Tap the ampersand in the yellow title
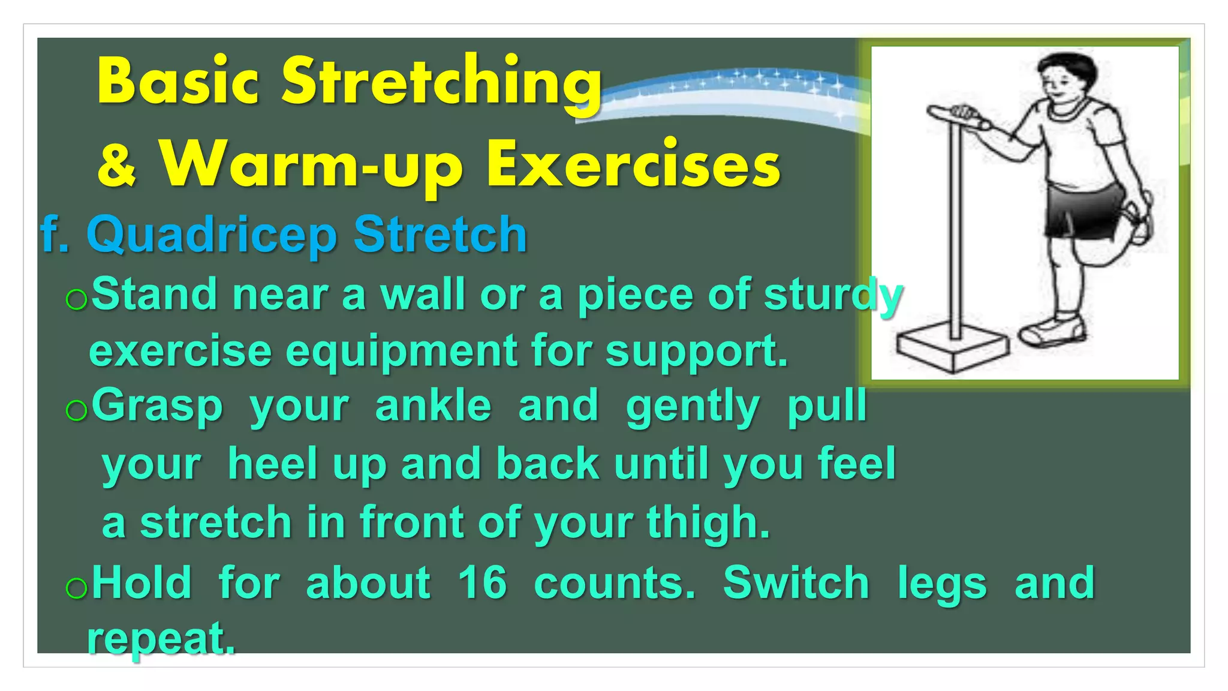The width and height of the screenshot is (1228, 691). coord(118,166)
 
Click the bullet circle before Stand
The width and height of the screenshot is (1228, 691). coord(77,299)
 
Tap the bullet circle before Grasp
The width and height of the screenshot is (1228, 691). coord(77,411)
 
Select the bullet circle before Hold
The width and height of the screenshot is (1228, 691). coord(77,588)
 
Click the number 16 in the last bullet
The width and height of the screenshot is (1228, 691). coord(482,583)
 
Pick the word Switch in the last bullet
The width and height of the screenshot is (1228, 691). coord(796,583)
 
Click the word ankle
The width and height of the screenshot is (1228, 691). coord(433,406)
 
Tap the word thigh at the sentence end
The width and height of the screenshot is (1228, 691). coord(708,522)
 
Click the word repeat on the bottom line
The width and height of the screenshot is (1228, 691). coord(161,639)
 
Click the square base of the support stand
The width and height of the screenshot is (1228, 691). coord(952,349)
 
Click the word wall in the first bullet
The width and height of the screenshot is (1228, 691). coord(423,295)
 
